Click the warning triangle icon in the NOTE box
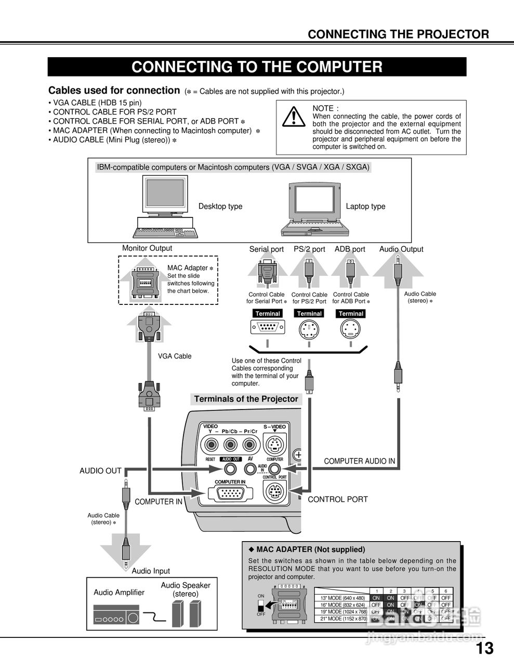pyautogui.click(x=294, y=117)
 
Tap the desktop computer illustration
pyautogui.click(x=165, y=206)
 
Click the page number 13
pyautogui.click(x=484, y=648)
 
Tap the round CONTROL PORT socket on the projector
pyautogui.click(x=274, y=492)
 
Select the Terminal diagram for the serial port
pyautogui.click(x=268, y=328)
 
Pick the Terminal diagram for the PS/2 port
pyautogui.click(x=309, y=329)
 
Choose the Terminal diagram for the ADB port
pyautogui.click(x=351, y=329)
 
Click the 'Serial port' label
pyautogui.click(x=267, y=249)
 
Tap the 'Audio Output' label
pyautogui.click(x=401, y=249)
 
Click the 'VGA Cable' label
pyautogui.click(x=175, y=356)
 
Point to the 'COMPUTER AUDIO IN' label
pyautogui.click(x=359, y=461)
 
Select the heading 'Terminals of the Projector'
pyautogui.click(x=246, y=399)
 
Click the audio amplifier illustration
pyautogui.click(x=117, y=614)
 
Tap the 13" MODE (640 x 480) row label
pyautogui.click(x=343, y=598)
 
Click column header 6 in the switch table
pyautogui.click(x=445, y=591)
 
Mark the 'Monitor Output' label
pyautogui.click(x=147, y=248)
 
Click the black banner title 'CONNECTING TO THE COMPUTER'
pyautogui.click(x=257, y=67)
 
